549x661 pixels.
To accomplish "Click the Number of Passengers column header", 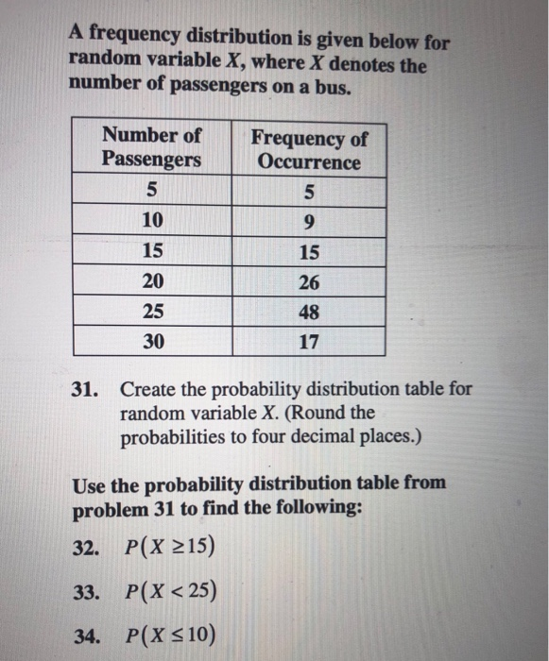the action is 151,147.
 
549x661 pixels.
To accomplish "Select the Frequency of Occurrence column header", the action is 309,149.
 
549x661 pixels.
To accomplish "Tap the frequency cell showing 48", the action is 309,311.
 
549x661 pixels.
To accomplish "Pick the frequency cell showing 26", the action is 309,281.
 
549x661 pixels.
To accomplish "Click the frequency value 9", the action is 309,222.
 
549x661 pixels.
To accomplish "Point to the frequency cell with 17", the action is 309,342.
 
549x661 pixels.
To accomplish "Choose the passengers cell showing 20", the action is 152,281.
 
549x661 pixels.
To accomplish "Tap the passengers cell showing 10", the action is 152,222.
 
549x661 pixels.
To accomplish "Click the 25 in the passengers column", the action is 152,311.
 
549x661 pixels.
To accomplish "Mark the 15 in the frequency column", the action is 309,252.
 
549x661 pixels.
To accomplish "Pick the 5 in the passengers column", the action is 152,193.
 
